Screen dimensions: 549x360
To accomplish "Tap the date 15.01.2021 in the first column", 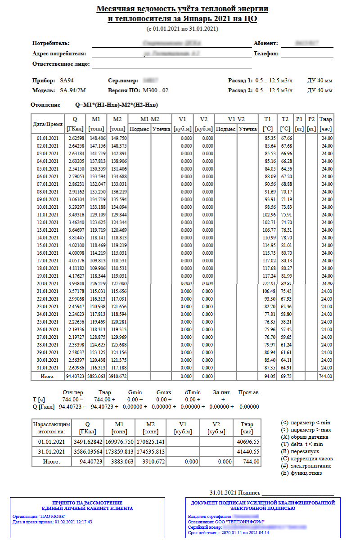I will click(x=48, y=246).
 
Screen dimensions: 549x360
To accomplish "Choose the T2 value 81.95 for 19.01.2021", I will click(x=285, y=276).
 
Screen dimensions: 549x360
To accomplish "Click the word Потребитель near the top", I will click(x=51, y=43).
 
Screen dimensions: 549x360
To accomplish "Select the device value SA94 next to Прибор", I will click(x=67, y=81).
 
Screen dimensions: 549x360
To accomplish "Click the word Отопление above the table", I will click(x=45, y=105).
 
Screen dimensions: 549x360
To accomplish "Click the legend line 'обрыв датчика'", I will click(x=310, y=437).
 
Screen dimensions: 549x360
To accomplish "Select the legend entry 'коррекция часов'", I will click(x=313, y=459).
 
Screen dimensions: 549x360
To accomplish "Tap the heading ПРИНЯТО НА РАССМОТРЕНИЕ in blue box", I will click(x=87, y=503).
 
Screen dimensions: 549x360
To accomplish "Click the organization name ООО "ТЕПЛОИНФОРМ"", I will click(x=242, y=522).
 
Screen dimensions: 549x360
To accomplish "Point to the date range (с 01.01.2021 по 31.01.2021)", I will click(x=182, y=29).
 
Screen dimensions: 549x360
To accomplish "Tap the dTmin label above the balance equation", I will click(x=193, y=392).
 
